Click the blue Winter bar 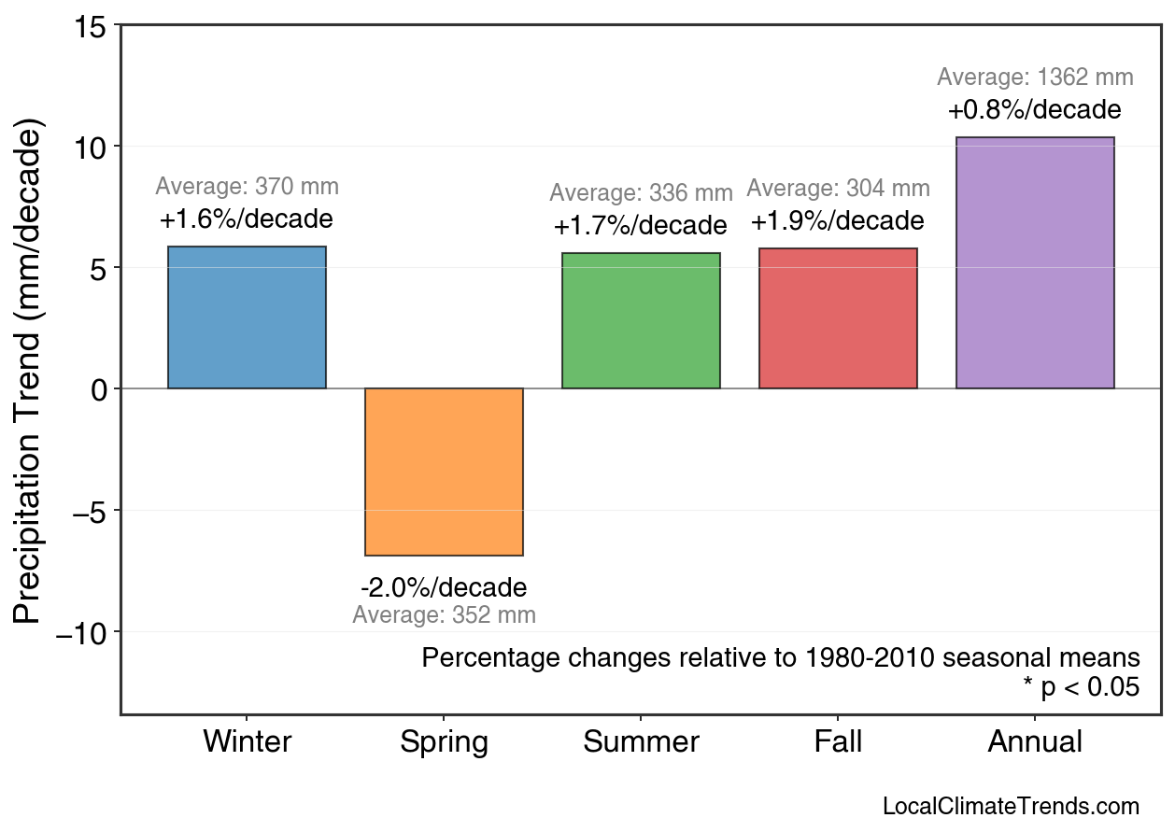click(x=247, y=317)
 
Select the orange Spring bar click(x=444, y=472)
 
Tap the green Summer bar click(x=641, y=320)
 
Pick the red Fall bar click(x=838, y=318)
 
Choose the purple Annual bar click(x=1035, y=262)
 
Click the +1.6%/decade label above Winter click(x=247, y=220)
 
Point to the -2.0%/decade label click(x=444, y=588)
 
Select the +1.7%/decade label click(x=641, y=226)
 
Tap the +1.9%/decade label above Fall click(x=838, y=221)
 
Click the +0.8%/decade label click(x=1035, y=110)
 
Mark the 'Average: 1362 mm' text click(x=1035, y=78)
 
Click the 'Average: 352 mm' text click(x=444, y=615)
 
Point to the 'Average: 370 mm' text click(x=247, y=187)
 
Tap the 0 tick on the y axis click(x=99, y=389)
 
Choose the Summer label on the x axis click(x=641, y=742)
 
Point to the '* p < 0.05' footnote click(x=1081, y=687)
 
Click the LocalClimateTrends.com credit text click(x=1011, y=807)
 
